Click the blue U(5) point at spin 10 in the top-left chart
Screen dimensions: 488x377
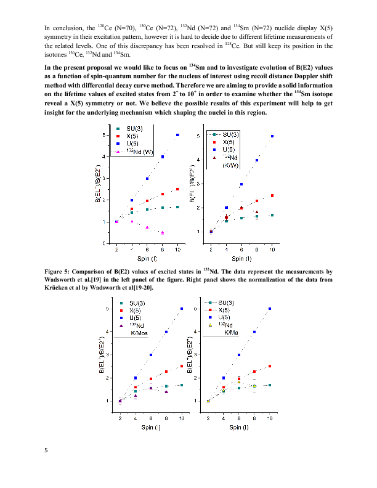click(x=177, y=135)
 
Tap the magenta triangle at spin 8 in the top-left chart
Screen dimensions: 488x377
click(x=163, y=233)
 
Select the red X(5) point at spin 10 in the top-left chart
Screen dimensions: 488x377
click(x=177, y=189)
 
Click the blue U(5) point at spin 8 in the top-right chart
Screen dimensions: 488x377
click(x=257, y=160)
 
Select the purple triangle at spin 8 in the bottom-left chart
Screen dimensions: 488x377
click(x=166, y=392)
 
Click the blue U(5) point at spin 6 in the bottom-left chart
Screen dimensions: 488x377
click(x=151, y=355)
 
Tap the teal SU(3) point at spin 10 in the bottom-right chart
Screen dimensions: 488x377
click(x=270, y=385)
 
